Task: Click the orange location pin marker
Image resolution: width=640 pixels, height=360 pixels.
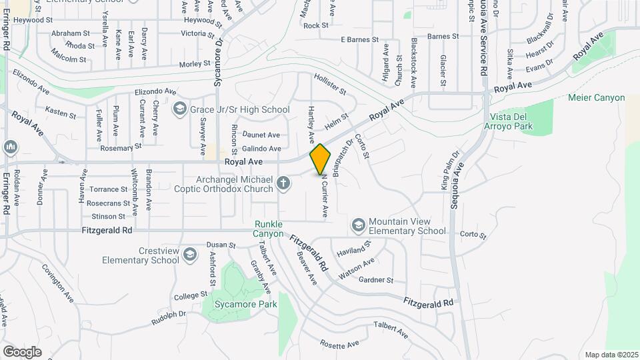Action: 320,159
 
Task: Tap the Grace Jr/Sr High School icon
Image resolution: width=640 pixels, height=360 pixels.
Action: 179,108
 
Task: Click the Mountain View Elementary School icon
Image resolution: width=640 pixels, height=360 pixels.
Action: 359,225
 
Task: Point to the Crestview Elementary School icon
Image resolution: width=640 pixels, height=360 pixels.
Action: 190,254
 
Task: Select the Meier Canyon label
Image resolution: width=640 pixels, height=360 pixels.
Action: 596,98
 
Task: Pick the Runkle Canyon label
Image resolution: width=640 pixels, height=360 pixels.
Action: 268,229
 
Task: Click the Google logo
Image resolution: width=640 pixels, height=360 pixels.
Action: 22,351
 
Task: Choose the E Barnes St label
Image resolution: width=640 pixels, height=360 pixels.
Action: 359,40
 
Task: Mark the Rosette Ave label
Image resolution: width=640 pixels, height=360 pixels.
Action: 339,344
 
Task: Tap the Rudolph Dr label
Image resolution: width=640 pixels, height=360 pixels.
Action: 167,318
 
